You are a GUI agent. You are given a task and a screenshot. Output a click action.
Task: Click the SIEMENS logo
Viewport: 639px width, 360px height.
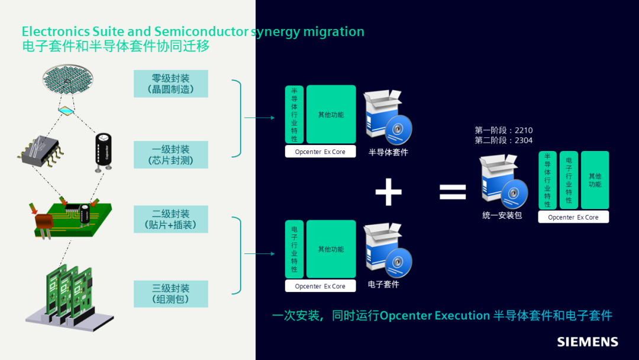click(587, 342)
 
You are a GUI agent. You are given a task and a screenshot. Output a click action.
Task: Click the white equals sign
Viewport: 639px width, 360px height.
click(453, 191)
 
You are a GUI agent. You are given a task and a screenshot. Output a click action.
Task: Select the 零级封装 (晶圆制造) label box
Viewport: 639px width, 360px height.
click(171, 84)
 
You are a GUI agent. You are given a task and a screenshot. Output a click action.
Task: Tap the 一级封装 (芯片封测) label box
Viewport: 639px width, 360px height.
click(171, 155)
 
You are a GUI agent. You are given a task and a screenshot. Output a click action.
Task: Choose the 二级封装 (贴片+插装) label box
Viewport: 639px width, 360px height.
click(171, 219)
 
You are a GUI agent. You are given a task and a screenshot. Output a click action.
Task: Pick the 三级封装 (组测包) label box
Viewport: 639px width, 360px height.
click(171, 294)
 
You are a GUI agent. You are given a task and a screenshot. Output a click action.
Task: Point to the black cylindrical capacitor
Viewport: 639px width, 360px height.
click(104, 151)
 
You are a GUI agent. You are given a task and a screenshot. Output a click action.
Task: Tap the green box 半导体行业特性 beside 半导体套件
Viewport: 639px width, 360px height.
click(294, 114)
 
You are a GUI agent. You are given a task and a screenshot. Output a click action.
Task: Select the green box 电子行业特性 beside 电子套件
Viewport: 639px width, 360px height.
click(294, 249)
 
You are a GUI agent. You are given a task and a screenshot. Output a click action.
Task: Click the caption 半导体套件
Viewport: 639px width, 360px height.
click(388, 152)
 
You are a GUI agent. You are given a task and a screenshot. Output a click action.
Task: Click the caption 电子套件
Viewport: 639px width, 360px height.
click(383, 284)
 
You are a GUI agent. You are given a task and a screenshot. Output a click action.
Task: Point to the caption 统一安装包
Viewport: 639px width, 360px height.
click(502, 216)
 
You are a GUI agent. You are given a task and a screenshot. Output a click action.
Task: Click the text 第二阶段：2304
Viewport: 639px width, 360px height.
click(504, 140)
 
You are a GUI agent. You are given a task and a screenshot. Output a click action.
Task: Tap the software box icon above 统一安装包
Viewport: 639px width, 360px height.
click(502, 181)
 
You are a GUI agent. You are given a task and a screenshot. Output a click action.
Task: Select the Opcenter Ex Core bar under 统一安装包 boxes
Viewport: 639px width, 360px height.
click(573, 217)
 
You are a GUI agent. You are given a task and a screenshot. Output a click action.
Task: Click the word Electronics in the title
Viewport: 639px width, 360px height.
click(56, 31)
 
